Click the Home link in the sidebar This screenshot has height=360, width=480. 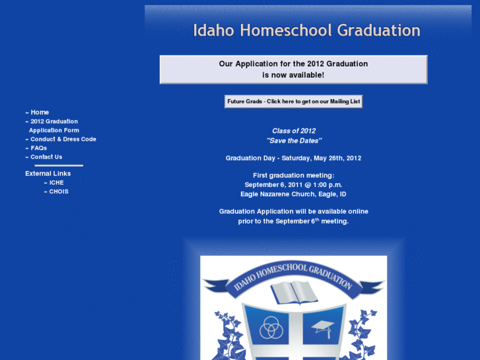click(40, 112)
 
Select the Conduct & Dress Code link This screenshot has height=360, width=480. click(63, 139)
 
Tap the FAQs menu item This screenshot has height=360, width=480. click(38, 148)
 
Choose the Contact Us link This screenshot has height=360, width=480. click(46, 157)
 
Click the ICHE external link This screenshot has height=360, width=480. click(56, 182)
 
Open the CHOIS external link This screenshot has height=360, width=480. click(59, 192)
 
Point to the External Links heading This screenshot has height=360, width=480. click(48, 174)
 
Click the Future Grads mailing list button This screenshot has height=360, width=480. click(293, 102)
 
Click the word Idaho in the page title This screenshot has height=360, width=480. click(214, 30)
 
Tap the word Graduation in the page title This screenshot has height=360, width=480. click(378, 30)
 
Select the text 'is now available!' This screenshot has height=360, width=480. click(293, 75)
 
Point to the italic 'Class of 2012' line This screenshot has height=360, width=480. click(294, 131)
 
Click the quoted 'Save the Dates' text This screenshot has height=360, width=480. click(294, 141)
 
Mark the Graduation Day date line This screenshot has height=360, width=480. click(293, 159)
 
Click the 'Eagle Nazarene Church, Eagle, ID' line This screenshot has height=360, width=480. click(293, 194)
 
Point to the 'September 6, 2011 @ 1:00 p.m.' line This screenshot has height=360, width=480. click(293, 185)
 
